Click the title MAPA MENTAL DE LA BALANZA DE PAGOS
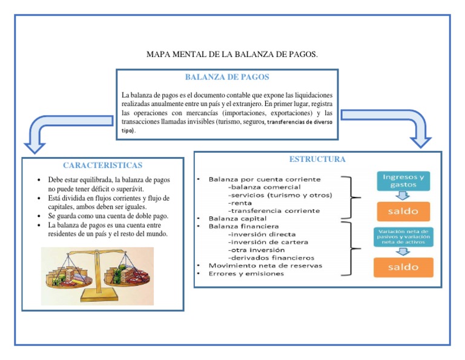[x=232, y=55]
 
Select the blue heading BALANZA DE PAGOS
[x=227, y=78]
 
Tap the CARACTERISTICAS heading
[x=102, y=165]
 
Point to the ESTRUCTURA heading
[x=317, y=159]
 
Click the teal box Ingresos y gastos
[x=403, y=181]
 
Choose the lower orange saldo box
[x=403, y=267]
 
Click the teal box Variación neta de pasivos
[x=403, y=236]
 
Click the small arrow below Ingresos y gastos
[x=403, y=195]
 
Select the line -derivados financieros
[x=271, y=258]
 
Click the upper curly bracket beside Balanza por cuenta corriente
[x=349, y=198]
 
